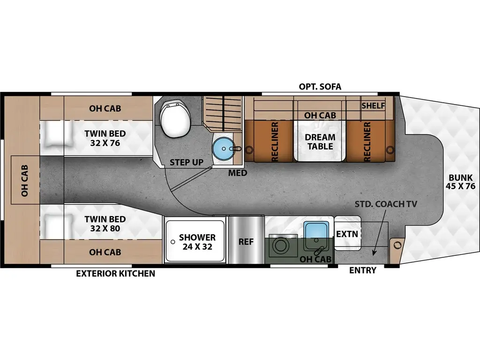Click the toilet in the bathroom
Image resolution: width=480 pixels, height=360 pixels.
pos(175,118)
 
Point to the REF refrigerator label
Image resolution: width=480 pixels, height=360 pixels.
pos(246,242)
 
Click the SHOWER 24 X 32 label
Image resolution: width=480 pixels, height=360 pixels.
pos(197,242)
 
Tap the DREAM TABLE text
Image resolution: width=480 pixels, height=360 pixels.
pos(320,142)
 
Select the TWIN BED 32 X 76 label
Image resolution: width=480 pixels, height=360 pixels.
pos(105,138)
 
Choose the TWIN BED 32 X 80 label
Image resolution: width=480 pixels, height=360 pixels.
pos(105,224)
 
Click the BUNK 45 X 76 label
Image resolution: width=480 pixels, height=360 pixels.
pos(462,181)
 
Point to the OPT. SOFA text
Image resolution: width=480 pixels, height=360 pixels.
pos(320,87)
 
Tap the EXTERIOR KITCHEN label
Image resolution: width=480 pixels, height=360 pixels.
pos(115,273)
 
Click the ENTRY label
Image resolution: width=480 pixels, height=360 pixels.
pos(363,270)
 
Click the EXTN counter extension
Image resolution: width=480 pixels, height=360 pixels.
pos(347,233)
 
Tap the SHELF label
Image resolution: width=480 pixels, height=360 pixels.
pos(373,106)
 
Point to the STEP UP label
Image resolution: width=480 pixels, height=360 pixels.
pos(186,163)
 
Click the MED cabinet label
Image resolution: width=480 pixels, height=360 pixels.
pos(237,173)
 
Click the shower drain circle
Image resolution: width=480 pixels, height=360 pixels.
pos(173,241)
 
